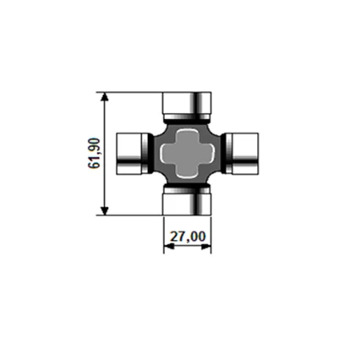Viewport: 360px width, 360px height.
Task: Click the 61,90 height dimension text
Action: click(94, 153)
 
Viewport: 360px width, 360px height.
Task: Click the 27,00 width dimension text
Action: click(188, 236)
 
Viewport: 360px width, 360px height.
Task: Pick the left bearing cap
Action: click(128, 153)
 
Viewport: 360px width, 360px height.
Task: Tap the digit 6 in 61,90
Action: click(94, 165)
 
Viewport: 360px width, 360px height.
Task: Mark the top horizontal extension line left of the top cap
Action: click(131, 91)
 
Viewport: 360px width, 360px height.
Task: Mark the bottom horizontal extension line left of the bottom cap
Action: click(131, 215)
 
